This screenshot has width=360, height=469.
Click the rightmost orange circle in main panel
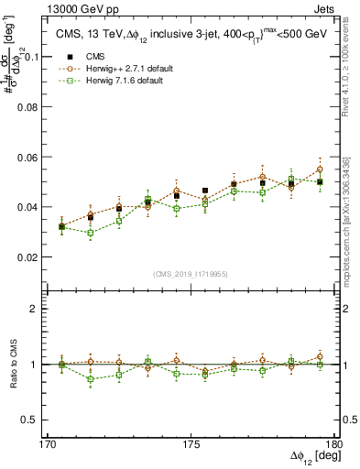pyautogui.click(x=320, y=169)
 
